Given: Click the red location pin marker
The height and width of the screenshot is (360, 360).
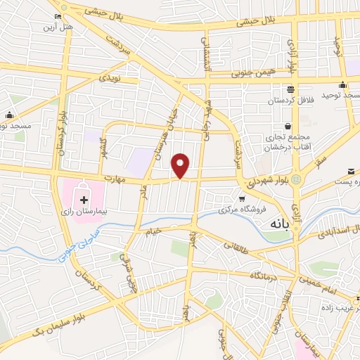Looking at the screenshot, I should [181, 165].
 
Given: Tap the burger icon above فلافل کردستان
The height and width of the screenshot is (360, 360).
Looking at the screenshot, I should [290, 89].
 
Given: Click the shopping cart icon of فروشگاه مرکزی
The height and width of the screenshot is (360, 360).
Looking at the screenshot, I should [242, 199].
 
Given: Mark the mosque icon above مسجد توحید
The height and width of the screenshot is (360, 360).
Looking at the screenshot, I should [342, 84].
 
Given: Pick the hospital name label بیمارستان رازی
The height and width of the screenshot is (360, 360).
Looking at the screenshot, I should [85, 201].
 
